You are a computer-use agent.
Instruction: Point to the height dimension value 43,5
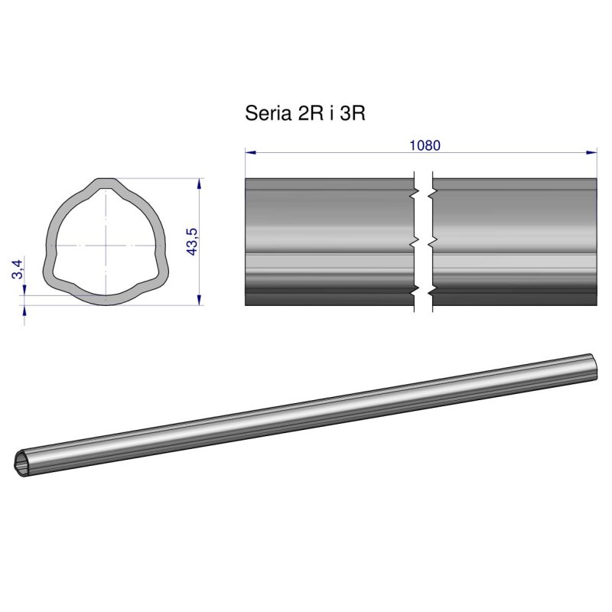click(192, 242)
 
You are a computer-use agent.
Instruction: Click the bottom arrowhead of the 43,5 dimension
click(199, 299)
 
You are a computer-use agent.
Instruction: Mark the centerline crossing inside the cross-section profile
click(105, 245)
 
